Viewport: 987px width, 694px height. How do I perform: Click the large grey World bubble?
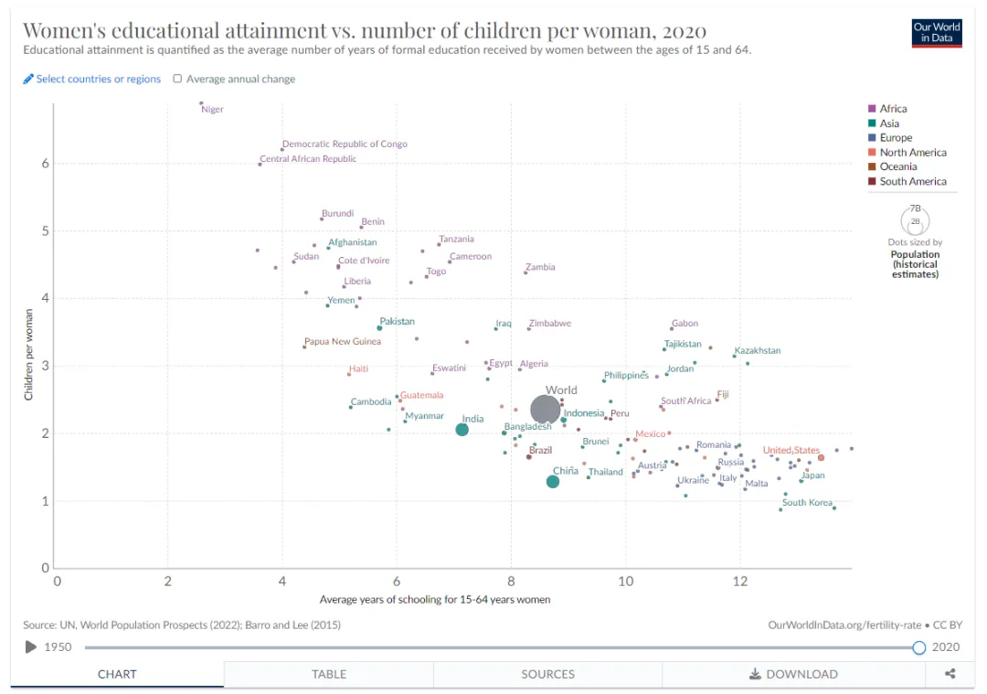545,411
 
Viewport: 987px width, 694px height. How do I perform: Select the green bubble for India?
462,430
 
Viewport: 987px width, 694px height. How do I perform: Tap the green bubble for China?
553,482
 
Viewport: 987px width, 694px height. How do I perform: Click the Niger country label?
212,110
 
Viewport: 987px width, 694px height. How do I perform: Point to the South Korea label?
807,503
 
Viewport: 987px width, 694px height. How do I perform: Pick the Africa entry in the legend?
893,109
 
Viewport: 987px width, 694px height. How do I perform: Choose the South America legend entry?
912,181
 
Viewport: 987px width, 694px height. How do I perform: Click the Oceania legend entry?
897,166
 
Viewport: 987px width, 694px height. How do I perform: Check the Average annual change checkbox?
177,80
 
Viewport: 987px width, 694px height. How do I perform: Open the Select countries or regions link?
98,80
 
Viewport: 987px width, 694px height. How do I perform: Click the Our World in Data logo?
937,33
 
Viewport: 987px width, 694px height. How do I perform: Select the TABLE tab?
329,674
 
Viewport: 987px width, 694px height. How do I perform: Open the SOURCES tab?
547,674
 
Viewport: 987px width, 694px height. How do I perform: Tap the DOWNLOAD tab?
793,674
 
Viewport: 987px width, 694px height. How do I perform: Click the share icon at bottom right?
950,674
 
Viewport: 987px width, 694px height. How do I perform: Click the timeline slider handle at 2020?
919,647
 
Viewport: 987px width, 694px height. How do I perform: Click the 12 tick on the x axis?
740,581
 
